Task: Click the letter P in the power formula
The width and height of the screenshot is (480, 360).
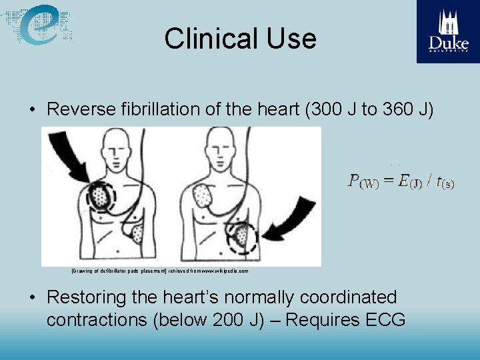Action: click(x=355, y=180)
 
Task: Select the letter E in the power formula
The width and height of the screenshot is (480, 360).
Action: click(x=403, y=180)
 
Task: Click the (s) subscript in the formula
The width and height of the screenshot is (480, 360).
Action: click(x=447, y=184)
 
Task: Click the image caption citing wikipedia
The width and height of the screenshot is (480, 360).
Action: click(x=160, y=272)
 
